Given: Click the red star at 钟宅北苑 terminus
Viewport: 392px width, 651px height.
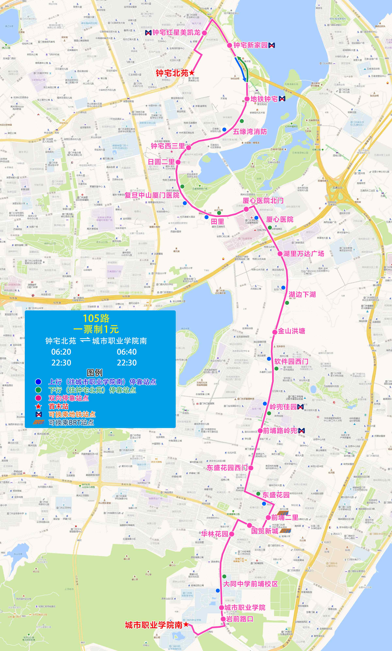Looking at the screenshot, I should point(192,73).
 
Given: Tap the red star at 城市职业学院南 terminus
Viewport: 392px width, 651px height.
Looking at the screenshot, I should point(186,624).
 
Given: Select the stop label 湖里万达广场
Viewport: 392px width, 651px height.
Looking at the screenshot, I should point(303,254).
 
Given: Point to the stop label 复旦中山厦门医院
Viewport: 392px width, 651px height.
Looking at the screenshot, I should point(152,195).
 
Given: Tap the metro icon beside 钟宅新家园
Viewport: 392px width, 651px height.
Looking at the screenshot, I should point(272,45).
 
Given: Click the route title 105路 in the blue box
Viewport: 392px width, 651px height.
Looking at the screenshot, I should point(96,318).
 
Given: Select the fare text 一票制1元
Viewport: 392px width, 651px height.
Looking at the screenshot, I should point(96,329).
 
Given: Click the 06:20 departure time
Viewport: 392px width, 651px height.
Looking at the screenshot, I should point(61,352).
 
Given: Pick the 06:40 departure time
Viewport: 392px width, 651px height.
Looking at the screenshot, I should point(127,352).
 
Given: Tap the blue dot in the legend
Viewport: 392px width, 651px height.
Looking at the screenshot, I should point(39,382).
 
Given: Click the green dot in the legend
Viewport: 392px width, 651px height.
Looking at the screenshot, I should point(39,390).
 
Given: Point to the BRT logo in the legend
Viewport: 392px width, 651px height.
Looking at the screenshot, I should point(39,422).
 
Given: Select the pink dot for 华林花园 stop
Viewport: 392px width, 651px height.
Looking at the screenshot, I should point(231,534).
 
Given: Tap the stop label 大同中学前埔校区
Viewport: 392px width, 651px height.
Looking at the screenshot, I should point(250,584).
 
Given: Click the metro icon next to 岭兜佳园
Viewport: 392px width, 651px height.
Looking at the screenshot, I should point(300,407).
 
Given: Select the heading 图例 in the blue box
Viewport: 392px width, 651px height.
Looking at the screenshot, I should point(95,373).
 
